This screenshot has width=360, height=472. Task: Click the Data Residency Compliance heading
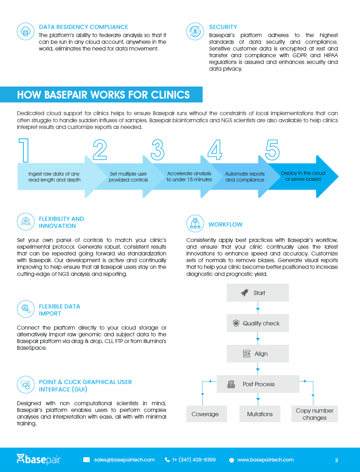83,27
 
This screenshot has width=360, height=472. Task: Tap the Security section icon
195,31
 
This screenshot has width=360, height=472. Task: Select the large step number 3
158,150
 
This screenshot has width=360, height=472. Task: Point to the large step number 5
272,150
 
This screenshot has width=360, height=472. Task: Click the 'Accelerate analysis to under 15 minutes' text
189,176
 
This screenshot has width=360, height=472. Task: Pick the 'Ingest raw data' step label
54,177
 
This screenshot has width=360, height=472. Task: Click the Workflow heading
225,224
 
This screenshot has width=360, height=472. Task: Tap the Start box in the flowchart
257,293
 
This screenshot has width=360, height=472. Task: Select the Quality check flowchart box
257,323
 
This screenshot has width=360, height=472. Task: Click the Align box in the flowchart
257,354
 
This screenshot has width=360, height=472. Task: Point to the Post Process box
258,384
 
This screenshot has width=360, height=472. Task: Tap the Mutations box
260,414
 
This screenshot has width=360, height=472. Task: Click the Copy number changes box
314,414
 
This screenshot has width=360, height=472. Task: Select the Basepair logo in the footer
39,459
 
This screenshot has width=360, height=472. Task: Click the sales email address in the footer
124,460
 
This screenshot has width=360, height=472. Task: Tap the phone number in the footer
194,460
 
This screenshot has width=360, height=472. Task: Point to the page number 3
336,460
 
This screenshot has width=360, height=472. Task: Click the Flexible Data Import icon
25,309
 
